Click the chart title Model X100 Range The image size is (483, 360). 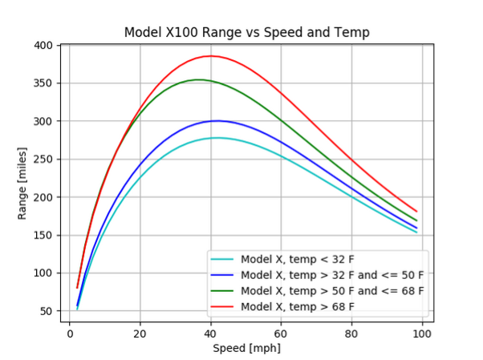pos(246,33)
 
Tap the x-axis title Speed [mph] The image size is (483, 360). pos(246,349)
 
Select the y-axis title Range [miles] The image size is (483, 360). pos(23,183)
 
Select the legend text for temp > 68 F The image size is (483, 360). pos(298,306)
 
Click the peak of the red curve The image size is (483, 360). pos(210,56)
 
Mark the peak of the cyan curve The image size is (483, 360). pos(216,138)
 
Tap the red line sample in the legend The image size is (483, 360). pos(222,306)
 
